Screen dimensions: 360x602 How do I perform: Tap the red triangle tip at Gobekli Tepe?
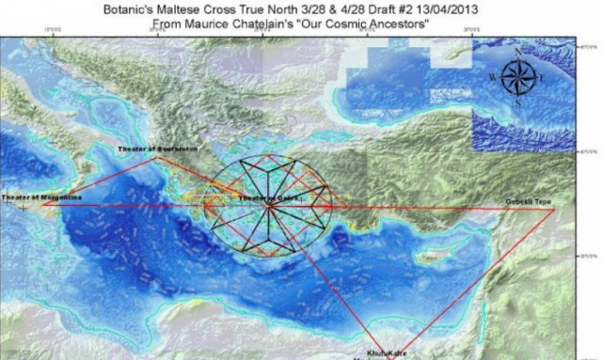coord(554,208)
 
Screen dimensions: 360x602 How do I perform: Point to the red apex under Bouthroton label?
coord(156,158)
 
